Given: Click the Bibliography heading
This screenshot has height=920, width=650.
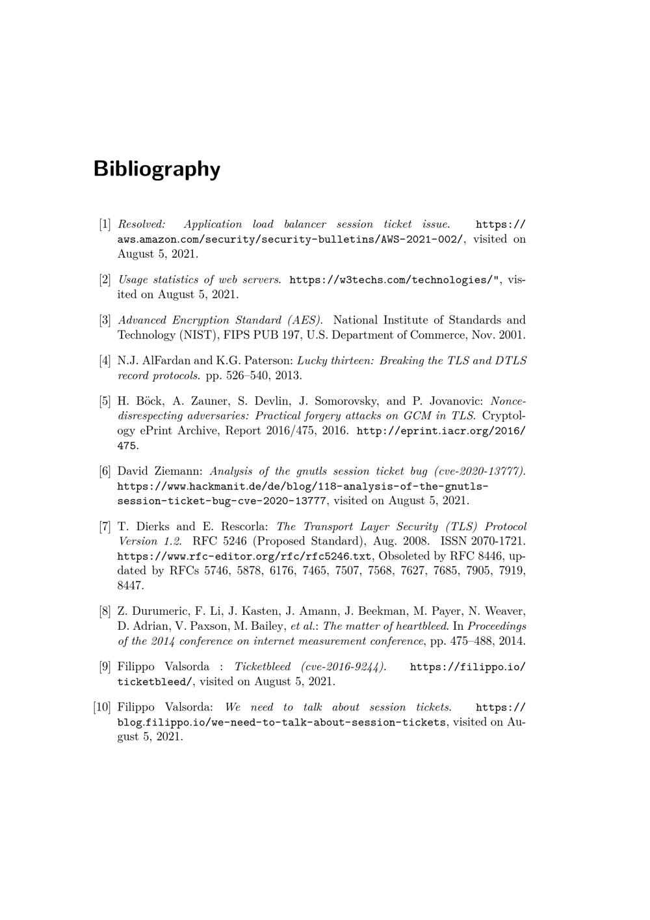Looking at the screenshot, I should coord(157,169).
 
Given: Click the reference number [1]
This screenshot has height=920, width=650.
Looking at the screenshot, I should coord(105,224).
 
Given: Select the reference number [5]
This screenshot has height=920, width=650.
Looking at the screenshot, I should coord(105,401).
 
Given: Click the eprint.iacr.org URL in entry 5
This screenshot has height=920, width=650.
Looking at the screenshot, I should coord(441,431).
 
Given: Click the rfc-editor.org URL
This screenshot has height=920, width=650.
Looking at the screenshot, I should coord(244,556).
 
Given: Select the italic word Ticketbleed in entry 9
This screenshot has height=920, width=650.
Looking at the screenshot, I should coord(263,667).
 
